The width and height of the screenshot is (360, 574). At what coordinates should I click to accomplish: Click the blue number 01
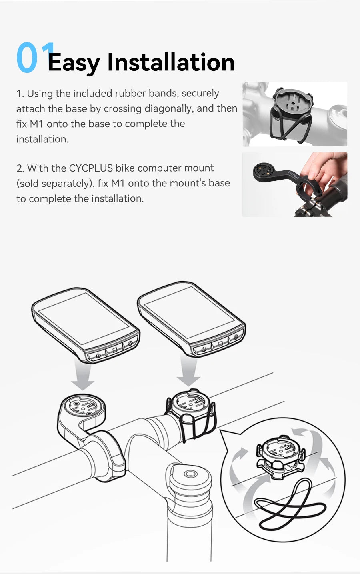coord(32,58)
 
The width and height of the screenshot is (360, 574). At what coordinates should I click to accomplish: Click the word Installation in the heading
coord(171,62)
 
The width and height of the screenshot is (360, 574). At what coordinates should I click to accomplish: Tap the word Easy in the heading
coord(74,63)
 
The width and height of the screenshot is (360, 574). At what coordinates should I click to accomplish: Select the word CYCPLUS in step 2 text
coord(91,168)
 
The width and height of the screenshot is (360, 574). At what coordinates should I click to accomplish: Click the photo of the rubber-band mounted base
coord(295,114)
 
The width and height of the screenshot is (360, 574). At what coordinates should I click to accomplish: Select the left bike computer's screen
coord(84,318)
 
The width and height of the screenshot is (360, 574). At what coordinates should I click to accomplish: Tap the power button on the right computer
coord(203,349)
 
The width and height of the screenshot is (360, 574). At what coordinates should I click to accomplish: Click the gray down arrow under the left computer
coord(83,378)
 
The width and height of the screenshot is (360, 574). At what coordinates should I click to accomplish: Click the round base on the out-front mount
coord(83,406)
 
